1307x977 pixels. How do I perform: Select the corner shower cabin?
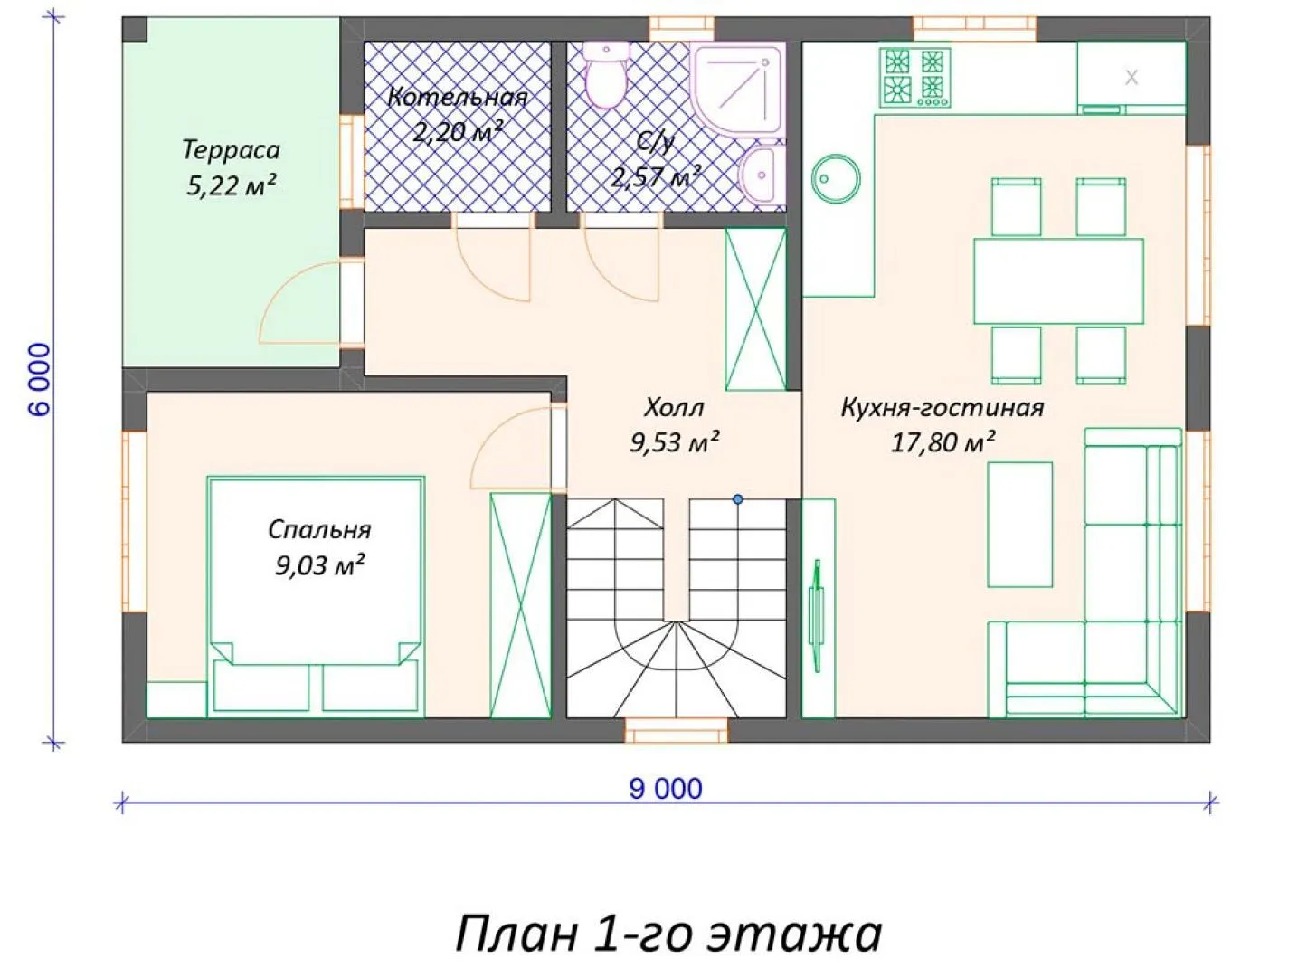[x=737, y=88]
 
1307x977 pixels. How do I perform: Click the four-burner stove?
[x=914, y=78]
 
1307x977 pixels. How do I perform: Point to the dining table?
[x=1058, y=281]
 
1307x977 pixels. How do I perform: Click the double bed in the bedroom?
[x=316, y=594]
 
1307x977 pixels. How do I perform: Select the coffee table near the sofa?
[x=1020, y=525]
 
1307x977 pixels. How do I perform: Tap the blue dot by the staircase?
[x=738, y=499]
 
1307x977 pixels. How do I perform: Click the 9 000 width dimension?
[x=666, y=790]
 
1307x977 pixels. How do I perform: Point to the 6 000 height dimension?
[x=40, y=379]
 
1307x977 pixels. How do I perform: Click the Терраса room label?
[x=231, y=149]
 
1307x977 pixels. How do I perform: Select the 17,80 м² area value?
[x=942, y=442]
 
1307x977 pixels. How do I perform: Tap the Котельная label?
[x=458, y=97]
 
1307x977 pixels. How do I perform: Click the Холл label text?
[x=674, y=408]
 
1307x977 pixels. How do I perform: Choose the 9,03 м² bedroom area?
[x=319, y=564]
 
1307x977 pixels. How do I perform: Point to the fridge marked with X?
[x=1131, y=78]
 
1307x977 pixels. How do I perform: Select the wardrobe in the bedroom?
[x=520, y=605]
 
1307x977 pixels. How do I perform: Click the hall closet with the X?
[x=755, y=309]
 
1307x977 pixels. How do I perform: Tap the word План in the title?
[x=516, y=933]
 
